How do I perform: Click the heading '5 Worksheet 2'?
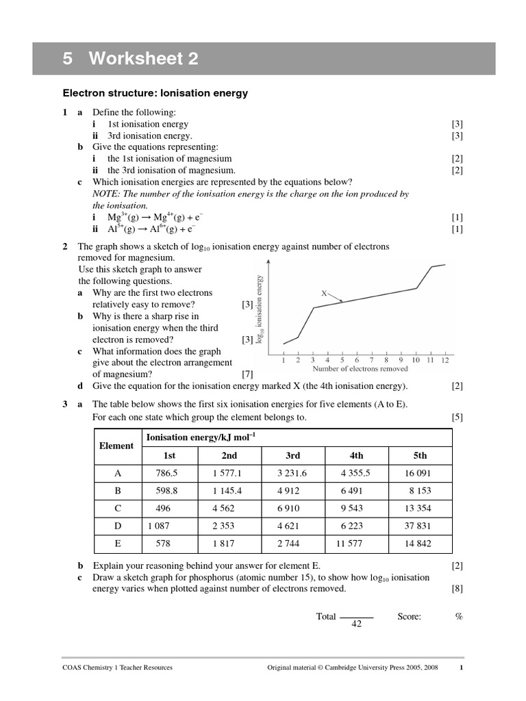click(130, 60)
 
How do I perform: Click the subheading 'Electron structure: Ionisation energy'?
click(155, 93)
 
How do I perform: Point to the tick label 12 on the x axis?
click(444, 359)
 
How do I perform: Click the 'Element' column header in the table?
click(116, 446)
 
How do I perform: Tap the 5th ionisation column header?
click(420, 455)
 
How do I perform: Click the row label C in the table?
click(116, 509)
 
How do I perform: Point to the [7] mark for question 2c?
click(248, 374)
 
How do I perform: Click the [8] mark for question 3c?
click(457, 588)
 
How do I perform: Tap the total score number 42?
click(356, 624)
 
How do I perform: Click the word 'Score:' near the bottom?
click(409, 616)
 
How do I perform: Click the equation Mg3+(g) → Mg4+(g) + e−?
click(151, 218)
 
